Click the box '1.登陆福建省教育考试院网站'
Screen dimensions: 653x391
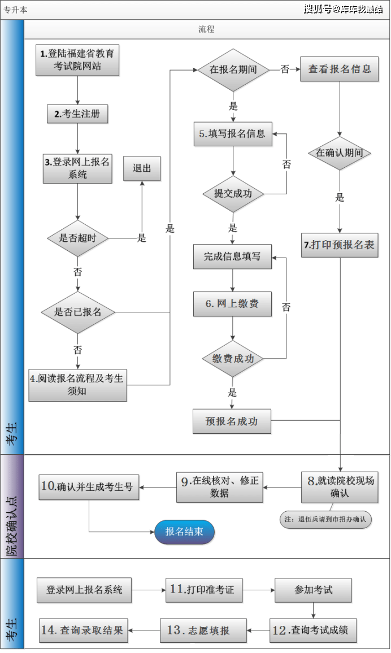pos(77,60)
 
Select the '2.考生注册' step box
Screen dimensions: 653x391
pos(77,114)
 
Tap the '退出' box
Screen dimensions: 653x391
pos(142,168)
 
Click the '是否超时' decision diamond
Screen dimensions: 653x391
pos(77,238)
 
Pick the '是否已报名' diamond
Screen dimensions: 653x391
pos(77,312)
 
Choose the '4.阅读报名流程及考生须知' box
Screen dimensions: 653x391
pos(77,384)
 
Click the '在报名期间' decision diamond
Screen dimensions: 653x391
pos(233,70)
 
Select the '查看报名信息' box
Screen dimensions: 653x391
pos(339,69)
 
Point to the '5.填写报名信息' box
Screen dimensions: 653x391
pos(232,134)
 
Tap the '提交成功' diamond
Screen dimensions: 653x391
pos(232,194)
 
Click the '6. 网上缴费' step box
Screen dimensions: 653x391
pos(232,304)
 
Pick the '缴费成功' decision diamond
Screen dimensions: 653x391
pos(233,359)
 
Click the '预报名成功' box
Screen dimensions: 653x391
pos(232,421)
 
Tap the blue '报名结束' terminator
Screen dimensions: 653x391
pos(185,532)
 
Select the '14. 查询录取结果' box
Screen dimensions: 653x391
pos(84,630)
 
